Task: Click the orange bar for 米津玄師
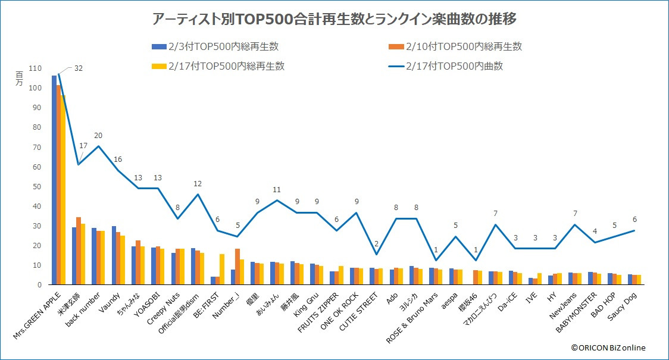click(x=79, y=251)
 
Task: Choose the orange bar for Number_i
click(x=237, y=267)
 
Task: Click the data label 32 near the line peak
click(x=78, y=68)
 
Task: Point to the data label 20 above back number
click(x=98, y=135)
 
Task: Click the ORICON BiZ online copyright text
click(x=608, y=348)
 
